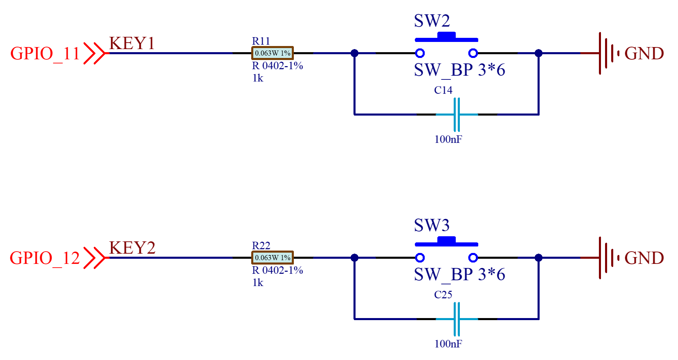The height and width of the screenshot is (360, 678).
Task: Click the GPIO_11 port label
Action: coord(45,54)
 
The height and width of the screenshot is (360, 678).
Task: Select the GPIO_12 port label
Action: coord(45,258)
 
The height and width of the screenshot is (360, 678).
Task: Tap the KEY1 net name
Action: coord(132,43)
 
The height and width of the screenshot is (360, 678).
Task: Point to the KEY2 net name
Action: coord(132,248)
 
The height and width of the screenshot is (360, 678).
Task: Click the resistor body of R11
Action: coord(272,53)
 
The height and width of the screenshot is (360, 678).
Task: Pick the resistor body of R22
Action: coord(272,258)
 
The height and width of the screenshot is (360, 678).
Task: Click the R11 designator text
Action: coord(261,41)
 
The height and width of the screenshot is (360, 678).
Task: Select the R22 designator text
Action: coord(261,245)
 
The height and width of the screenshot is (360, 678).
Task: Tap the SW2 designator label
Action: coord(432,21)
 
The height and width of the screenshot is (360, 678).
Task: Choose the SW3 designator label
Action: coord(432,225)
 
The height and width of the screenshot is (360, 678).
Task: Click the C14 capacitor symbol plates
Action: coord(457,115)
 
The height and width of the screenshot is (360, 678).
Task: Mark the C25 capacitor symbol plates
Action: coord(457,319)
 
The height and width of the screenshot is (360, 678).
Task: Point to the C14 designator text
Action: coord(443,90)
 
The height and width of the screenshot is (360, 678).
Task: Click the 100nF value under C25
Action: coord(448,344)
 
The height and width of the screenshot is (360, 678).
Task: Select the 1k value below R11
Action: coord(258,78)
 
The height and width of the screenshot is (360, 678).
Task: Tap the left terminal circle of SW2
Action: coord(420,53)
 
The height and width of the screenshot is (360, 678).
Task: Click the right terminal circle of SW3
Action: coord(473,258)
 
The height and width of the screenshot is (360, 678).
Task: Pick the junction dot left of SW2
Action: coord(355,53)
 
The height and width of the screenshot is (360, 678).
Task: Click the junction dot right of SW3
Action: coord(539,258)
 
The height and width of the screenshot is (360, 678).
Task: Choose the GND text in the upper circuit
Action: coord(644,54)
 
